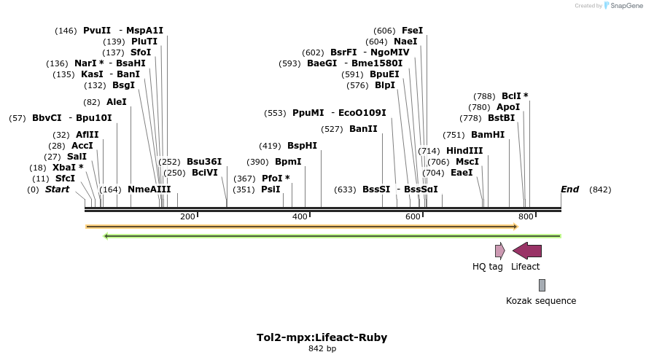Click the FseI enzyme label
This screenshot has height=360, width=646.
[x=412, y=31]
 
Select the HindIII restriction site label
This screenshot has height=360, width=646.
[x=464, y=151]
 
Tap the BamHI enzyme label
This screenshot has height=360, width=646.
[x=488, y=135]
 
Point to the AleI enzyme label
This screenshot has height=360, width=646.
[x=117, y=102]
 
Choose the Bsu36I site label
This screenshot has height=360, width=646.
[x=204, y=162]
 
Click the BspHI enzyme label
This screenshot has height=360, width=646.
[x=302, y=146]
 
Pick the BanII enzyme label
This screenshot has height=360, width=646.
[x=363, y=129]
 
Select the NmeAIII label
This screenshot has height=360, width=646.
[x=149, y=189]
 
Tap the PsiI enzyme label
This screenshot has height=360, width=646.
[x=271, y=189]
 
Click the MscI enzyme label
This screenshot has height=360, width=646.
[x=467, y=162]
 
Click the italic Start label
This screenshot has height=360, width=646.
[x=57, y=189]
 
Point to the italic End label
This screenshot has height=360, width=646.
[x=569, y=189]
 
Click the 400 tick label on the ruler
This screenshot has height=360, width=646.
[x=300, y=216]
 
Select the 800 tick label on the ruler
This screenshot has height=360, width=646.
[x=526, y=216]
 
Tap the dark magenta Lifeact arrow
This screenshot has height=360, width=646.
[x=527, y=251]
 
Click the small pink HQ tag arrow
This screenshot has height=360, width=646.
[x=499, y=251]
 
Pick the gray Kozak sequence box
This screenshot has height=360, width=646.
[x=542, y=285]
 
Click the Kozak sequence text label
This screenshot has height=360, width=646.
[x=541, y=301]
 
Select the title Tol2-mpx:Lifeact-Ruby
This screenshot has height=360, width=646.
[x=322, y=337]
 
